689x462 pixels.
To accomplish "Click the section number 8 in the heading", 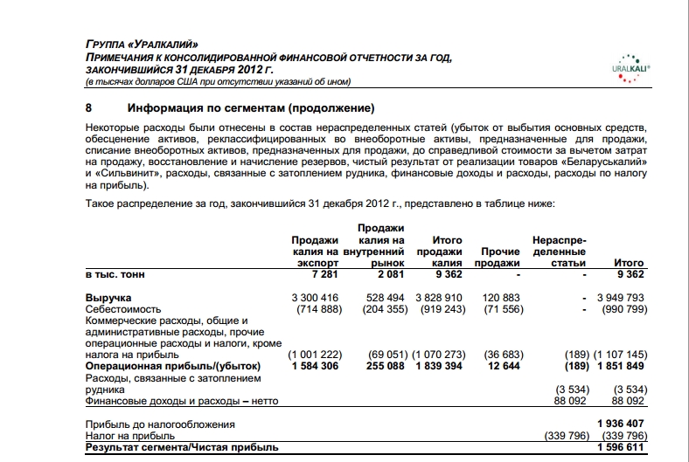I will pyautogui.click(x=88, y=108).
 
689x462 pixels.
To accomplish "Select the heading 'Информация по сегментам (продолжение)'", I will pyautogui.click(x=251, y=108).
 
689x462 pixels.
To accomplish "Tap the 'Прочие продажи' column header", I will pyautogui.click(x=501, y=257).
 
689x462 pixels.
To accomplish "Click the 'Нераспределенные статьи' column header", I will pyautogui.click(x=560, y=251).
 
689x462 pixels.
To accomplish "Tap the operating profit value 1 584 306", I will pyautogui.click(x=313, y=366).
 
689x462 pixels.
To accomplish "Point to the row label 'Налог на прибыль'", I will pyautogui.click(x=129, y=435).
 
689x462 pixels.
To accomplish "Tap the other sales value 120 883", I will pyautogui.click(x=502, y=298).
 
